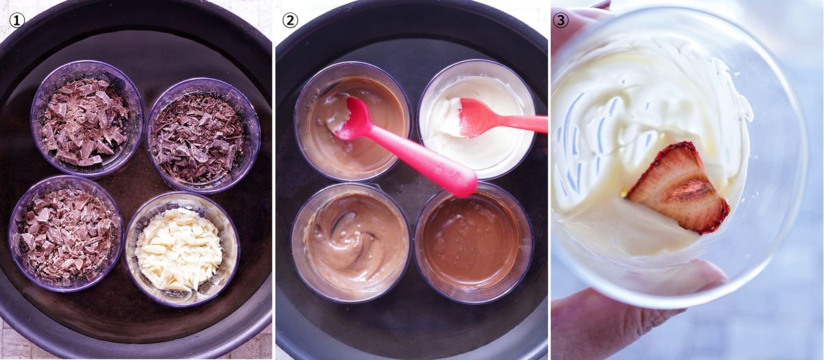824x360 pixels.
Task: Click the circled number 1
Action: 16,21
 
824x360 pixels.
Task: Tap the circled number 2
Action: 290,21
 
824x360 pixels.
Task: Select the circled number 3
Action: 560,21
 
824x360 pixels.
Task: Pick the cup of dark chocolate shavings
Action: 203,135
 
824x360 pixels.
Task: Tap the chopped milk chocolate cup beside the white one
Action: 65,234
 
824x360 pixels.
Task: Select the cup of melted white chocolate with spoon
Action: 477,120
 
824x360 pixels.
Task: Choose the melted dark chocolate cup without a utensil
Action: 473,243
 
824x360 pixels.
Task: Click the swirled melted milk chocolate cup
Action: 351,243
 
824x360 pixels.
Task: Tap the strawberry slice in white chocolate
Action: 678,188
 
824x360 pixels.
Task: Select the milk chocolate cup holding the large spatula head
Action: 352,122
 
